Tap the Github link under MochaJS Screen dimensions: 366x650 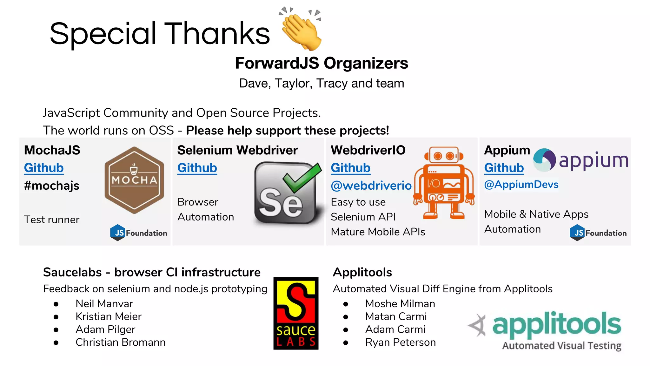point(44,168)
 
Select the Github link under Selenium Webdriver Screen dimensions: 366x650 point(197,168)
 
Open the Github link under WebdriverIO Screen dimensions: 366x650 point(350,168)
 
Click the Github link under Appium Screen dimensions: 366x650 point(504,168)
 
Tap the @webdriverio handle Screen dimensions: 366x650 point(371,186)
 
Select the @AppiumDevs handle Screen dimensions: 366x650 point(521,184)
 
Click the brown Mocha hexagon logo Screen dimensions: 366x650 point(134,180)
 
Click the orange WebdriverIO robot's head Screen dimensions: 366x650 point(444,156)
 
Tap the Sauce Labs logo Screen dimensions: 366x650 point(296,313)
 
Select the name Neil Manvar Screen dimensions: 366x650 point(104,304)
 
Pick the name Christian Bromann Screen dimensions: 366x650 point(120,342)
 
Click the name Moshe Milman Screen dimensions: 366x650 point(400,304)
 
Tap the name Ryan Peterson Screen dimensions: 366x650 point(400,342)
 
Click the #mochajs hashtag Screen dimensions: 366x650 point(52,186)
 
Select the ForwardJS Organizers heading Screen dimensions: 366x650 point(321,63)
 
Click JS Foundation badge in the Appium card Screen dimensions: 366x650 point(598,233)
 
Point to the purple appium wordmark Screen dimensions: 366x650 point(593,160)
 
